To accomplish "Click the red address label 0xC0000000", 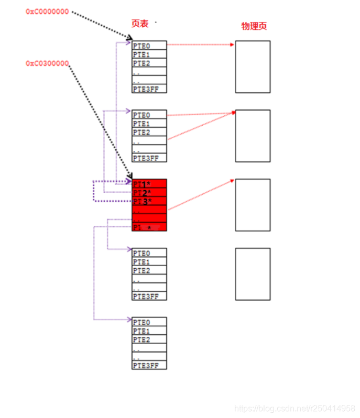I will pyautogui.click(x=47, y=12).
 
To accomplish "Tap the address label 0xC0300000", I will pyautogui.click(x=47, y=63).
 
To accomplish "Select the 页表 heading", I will pyautogui.click(x=140, y=24).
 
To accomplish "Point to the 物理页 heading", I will pyautogui.click(x=254, y=26).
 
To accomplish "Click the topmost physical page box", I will pyautogui.click(x=253, y=67).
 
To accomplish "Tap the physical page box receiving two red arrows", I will pyautogui.click(x=253, y=136).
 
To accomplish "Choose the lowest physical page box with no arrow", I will pyautogui.click(x=253, y=274).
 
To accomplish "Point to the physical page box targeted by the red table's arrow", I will pyautogui.click(x=253, y=205).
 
